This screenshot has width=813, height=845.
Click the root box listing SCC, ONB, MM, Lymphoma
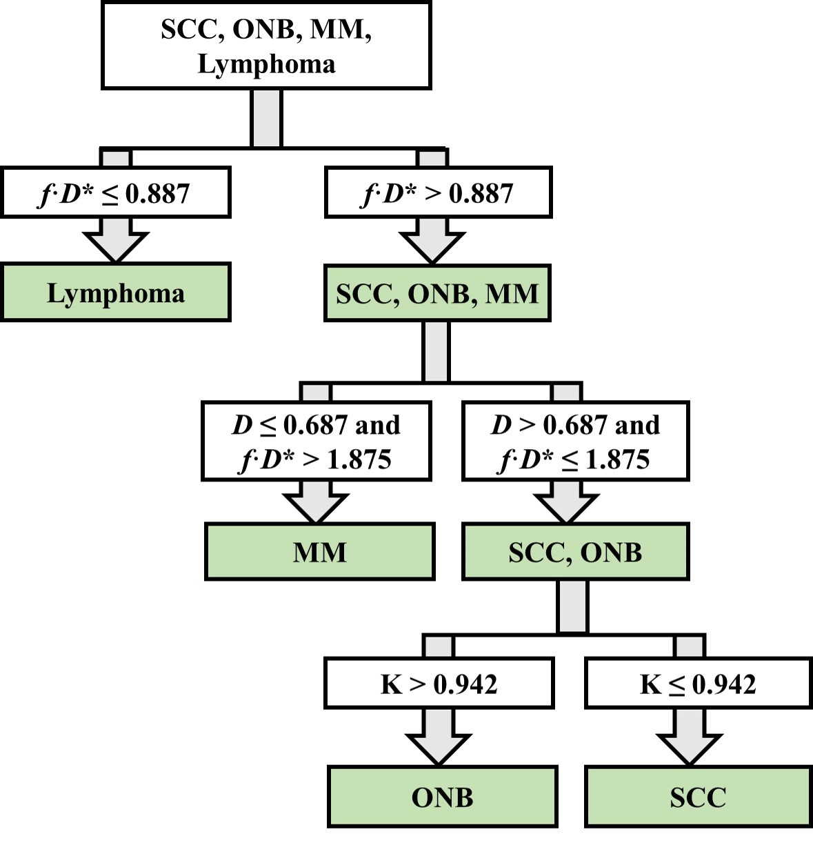(x=266, y=46)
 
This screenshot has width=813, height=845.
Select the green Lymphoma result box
(x=115, y=292)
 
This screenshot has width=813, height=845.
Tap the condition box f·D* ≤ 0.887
(x=115, y=192)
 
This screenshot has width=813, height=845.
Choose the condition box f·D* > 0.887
(x=438, y=192)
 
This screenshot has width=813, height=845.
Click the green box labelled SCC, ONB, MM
(x=437, y=293)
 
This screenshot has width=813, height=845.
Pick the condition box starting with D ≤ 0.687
(x=317, y=441)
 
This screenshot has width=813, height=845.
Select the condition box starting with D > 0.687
(x=575, y=441)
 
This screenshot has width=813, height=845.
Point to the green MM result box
(x=320, y=552)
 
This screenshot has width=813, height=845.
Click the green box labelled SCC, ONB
(x=575, y=552)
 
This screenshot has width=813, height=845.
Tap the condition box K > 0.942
(x=439, y=684)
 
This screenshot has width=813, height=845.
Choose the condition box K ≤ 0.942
(x=698, y=684)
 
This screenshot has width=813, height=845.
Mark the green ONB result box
(x=442, y=797)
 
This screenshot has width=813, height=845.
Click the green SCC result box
(x=698, y=797)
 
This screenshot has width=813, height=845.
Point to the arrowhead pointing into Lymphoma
(x=115, y=246)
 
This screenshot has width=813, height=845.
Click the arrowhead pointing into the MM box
(x=317, y=508)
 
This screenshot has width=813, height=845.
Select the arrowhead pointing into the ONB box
(x=439, y=749)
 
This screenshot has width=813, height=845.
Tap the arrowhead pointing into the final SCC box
(x=690, y=749)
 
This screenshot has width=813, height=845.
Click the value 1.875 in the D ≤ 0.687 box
(x=359, y=459)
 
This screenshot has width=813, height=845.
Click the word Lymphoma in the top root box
(x=266, y=64)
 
